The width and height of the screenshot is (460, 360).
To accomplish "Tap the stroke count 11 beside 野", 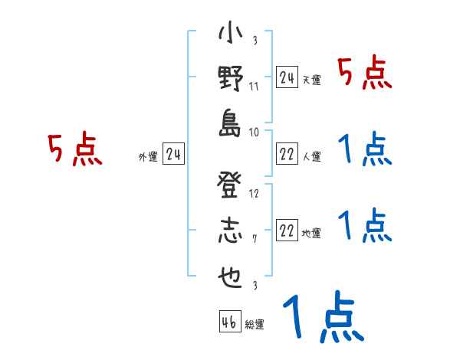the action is click(254, 86).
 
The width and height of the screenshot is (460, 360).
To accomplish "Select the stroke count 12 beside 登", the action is click(254, 194).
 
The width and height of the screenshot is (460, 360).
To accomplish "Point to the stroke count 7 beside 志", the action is click(255, 239).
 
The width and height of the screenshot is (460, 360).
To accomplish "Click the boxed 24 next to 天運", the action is click(287, 77).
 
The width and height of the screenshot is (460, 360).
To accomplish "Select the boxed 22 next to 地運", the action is click(287, 231).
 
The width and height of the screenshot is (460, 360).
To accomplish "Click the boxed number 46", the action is click(229, 322).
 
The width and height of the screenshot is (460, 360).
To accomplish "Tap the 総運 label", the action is click(255, 325).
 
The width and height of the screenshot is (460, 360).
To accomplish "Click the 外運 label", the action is click(148, 157).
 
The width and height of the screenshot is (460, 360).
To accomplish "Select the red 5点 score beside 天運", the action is click(366, 74).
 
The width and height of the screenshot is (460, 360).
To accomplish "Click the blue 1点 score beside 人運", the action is click(366, 149).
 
